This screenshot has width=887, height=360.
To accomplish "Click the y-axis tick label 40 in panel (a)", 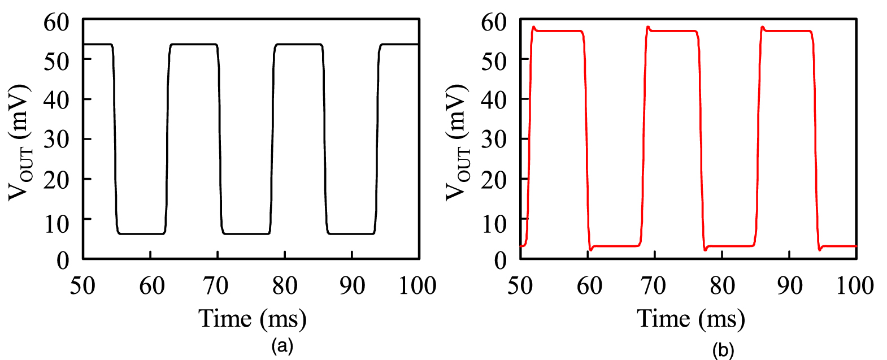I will [56, 99].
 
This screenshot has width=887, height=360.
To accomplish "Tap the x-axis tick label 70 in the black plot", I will [217, 286].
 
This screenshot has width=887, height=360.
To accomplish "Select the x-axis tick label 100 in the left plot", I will [418, 286].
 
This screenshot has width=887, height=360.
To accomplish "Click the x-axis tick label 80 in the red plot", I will [722, 286].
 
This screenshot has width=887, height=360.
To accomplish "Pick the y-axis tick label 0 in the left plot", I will [63, 260].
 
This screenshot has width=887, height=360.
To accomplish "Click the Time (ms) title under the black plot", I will [252, 319].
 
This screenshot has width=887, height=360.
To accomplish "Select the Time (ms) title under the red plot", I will [690, 319].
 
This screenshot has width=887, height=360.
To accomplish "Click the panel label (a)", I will [282, 345].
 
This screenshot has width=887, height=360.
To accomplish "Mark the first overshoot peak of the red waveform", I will [533, 27].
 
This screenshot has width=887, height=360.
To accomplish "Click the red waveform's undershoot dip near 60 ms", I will [591, 249].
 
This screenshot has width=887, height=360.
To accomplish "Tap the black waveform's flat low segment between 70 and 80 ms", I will [247, 233].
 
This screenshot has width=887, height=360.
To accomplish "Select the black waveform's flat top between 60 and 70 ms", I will [194, 44].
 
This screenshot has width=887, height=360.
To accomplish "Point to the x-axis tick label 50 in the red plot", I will [520, 286].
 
